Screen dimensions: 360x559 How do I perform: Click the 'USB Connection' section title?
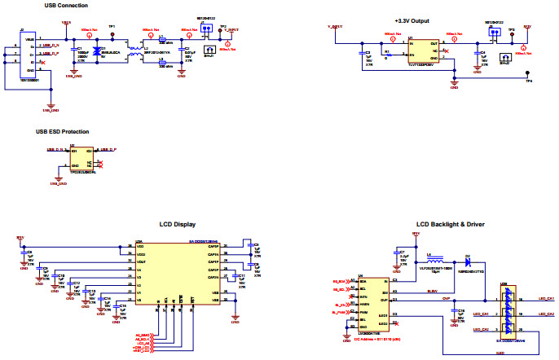point(66,6)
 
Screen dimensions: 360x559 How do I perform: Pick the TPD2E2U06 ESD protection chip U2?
point(82,159)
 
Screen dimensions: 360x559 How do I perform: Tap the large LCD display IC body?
point(175,273)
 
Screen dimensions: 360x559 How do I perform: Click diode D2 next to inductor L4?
point(468,261)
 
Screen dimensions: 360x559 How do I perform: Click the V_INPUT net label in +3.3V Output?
point(335,27)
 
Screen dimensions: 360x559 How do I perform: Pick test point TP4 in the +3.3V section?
point(528,80)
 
